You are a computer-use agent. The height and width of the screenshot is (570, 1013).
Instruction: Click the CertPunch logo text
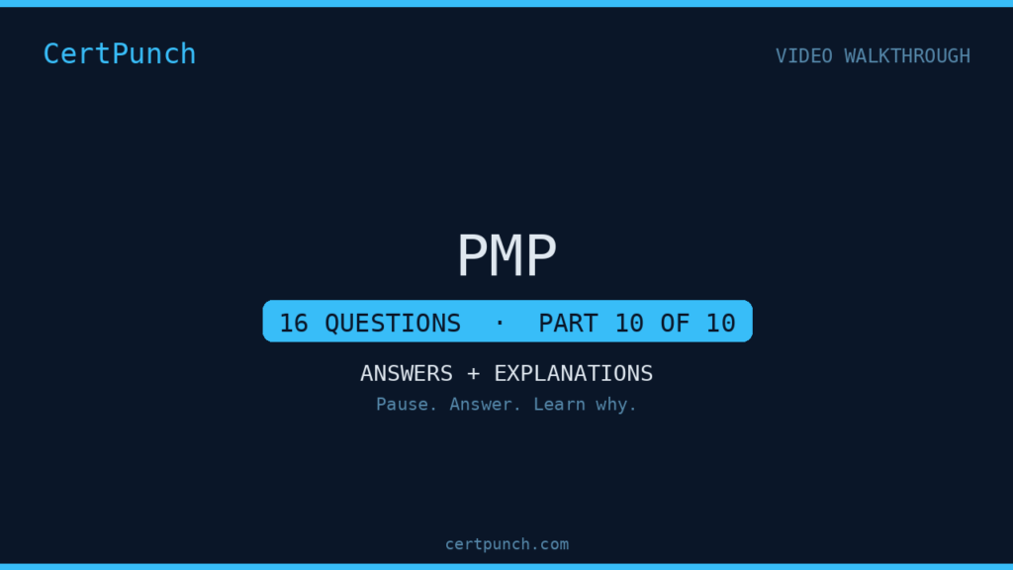click(x=120, y=53)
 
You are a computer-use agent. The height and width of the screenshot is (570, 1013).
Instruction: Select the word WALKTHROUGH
click(x=907, y=56)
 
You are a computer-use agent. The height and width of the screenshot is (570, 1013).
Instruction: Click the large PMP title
click(x=506, y=256)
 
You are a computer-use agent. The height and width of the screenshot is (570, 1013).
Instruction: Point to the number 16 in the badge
click(x=294, y=324)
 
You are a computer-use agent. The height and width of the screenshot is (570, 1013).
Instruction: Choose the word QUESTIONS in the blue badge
click(x=393, y=324)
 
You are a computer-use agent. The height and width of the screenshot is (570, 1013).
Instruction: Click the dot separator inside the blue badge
click(x=500, y=322)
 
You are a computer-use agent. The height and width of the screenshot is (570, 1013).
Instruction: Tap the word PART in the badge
click(x=569, y=324)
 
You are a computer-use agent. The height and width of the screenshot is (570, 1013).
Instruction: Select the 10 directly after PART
click(x=629, y=324)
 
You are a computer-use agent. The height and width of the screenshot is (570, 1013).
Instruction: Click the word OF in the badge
click(x=675, y=324)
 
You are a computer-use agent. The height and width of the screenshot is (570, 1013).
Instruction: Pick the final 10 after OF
click(x=721, y=324)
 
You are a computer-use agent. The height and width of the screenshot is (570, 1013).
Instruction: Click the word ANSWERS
click(x=407, y=373)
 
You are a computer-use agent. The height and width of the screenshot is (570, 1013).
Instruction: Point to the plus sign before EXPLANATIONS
click(x=474, y=374)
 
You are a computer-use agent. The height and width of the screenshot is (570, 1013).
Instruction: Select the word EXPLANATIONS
click(x=574, y=373)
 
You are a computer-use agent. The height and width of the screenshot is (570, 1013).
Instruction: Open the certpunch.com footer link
click(x=507, y=545)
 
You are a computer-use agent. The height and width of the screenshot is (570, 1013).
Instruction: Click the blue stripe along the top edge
click(x=506, y=3)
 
